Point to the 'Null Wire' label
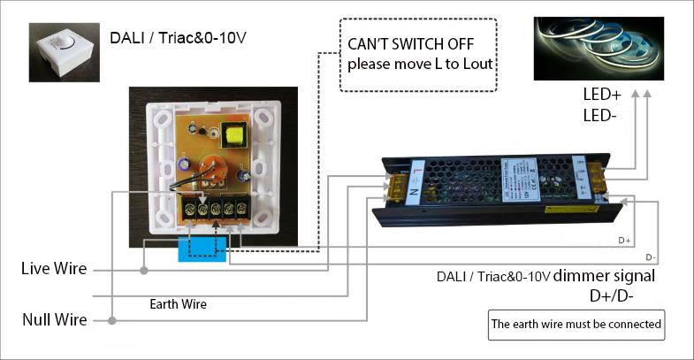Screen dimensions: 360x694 tap(54, 319)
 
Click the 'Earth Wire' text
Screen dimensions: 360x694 tap(178, 303)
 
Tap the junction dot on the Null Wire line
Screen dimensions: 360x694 tap(113, 319)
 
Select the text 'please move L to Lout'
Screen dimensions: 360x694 tap(420, 65)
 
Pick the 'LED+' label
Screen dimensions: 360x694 tap(601, 95)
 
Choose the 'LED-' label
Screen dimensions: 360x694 tap(600, 115)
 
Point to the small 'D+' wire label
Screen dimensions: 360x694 tap(624, 240)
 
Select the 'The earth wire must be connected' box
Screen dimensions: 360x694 tap(576, 324)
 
